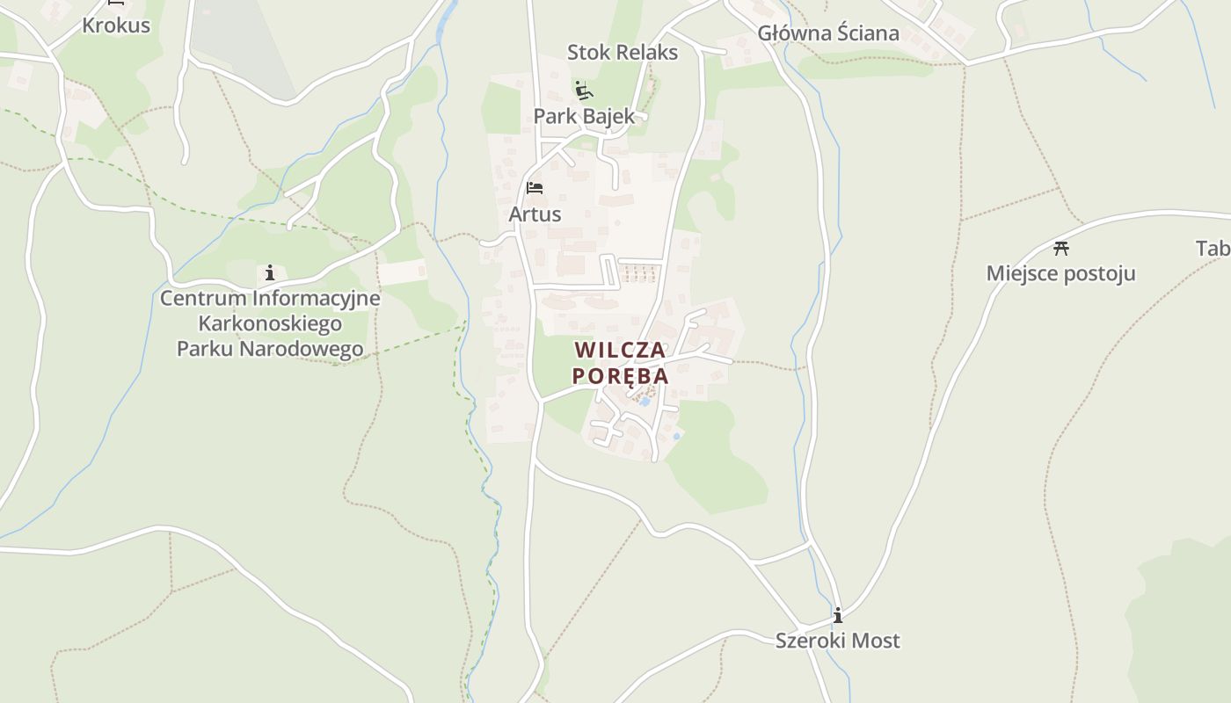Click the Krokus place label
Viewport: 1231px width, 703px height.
[116, 25]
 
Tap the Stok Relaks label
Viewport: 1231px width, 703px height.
[623, 52]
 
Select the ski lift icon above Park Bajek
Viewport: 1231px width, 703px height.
[583, 90]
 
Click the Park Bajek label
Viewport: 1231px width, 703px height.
[584, 116]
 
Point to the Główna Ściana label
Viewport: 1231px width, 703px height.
[828, 33]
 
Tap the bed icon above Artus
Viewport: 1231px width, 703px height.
[535, 188]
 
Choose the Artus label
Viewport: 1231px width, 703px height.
[535, 214]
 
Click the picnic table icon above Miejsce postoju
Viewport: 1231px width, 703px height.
[1061, 248]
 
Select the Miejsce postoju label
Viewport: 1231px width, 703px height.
[1060, 273]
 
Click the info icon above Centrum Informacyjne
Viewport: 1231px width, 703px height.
[270, 272]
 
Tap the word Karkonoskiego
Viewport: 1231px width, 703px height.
[270, 323]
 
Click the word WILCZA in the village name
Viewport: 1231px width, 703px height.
[621, 350]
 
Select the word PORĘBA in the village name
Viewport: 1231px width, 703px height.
[621, 375]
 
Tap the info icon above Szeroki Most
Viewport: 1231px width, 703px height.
[838, 615]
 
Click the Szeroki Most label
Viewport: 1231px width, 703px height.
[837, 641]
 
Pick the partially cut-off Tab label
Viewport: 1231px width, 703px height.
[1213, 249]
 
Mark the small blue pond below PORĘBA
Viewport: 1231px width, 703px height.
[645, 401]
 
